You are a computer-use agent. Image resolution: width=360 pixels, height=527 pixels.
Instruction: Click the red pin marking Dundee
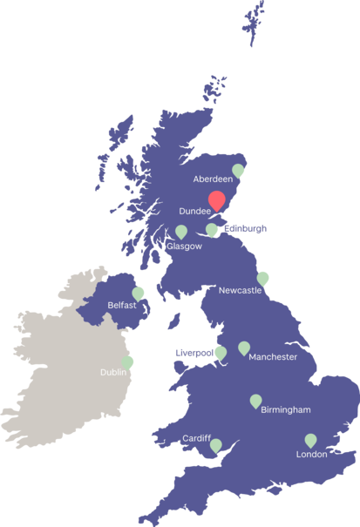217,200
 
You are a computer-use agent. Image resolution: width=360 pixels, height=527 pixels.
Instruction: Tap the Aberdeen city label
214,179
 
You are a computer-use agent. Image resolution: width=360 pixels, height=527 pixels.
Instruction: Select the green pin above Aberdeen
238,170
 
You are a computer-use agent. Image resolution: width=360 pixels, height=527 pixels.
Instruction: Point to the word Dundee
194,211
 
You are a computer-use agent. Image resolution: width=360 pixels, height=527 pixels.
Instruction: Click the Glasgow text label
184,247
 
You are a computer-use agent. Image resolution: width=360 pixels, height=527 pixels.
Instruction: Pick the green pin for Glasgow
181,232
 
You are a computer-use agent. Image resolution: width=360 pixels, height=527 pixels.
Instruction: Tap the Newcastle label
240,290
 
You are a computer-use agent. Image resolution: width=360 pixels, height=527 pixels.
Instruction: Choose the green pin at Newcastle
263,278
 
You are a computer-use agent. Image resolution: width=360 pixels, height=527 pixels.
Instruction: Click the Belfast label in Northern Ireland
122,305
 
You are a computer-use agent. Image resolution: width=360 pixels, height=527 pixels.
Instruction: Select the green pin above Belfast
138,293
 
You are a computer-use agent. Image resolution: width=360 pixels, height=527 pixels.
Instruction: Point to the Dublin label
113,372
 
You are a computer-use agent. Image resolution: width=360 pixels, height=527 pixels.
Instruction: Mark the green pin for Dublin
128,361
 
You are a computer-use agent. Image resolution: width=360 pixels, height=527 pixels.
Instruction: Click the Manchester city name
273,357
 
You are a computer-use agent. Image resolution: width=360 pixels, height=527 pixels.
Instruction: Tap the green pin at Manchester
244,348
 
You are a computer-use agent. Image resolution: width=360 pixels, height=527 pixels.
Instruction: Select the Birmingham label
285,409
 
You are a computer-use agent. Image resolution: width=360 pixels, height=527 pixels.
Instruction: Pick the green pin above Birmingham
255,401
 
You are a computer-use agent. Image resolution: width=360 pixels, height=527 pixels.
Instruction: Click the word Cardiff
196,438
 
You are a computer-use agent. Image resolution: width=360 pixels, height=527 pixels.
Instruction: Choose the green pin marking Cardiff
215,445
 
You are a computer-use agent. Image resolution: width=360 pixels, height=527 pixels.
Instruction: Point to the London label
311,454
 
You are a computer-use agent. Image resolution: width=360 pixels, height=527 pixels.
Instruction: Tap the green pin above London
310,440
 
